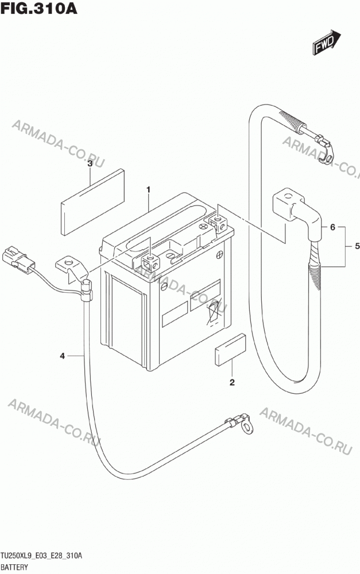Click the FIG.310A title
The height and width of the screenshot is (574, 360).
tap(39, 8)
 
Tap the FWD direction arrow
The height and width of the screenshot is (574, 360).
tap(327, 42)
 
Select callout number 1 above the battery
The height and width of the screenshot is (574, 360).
tap(148, 189)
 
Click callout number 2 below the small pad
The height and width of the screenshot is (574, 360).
tap(232, 382)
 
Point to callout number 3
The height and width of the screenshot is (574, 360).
tap(90, 164)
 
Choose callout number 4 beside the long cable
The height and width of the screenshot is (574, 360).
tap(62, 355)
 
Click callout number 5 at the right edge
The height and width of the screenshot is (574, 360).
tap(357, 246)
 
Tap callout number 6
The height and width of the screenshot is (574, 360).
tap(332, 227)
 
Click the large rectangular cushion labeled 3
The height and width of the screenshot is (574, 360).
tap(92, 201)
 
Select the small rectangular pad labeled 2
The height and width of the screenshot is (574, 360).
tap(230, 350)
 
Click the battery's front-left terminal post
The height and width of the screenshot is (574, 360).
tap(150, 263)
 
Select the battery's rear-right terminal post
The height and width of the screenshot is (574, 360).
tap(218, 223)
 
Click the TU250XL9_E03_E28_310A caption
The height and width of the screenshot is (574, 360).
tap(41, 556)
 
